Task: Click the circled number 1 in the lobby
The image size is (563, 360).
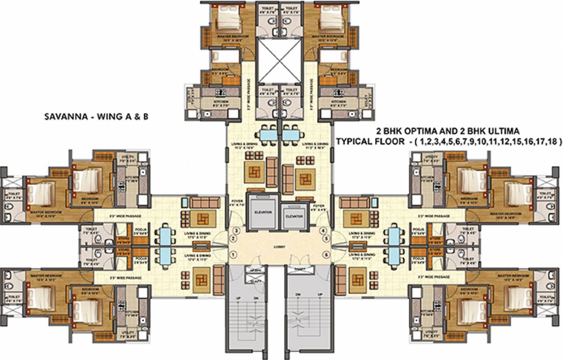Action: tap(233, 254)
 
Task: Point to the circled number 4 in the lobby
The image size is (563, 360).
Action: tap(322, 230)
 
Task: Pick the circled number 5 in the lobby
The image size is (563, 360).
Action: tap(326, 239)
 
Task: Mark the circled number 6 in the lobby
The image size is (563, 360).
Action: tap(326, 254)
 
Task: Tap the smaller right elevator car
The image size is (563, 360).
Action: tap(294, 216)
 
